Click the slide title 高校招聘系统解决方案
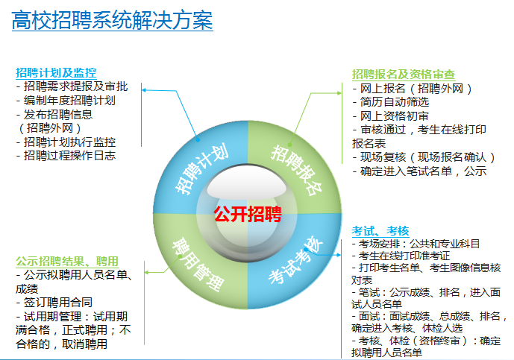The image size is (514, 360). coord(113,20)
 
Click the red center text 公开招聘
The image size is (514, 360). coord(248,214)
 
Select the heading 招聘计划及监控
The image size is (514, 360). coord(56,72)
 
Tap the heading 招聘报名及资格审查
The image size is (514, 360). coord(404,75)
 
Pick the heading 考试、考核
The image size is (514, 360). coord(380,231)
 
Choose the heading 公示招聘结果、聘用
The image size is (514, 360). coord(67,261)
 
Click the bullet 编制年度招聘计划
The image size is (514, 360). coord(66,100)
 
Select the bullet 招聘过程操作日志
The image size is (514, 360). coord(66,155)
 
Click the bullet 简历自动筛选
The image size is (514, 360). coord(391,102)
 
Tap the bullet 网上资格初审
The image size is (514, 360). coord(391,116)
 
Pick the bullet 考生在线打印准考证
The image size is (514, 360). coord(401,256)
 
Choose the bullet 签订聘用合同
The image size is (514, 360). coord(54,302)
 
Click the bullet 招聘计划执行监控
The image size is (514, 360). coord(66,142)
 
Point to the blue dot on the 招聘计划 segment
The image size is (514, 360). coord(198,139)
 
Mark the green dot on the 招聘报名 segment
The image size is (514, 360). coord(289,145)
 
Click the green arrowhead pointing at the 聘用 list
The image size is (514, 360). coord(146,272)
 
